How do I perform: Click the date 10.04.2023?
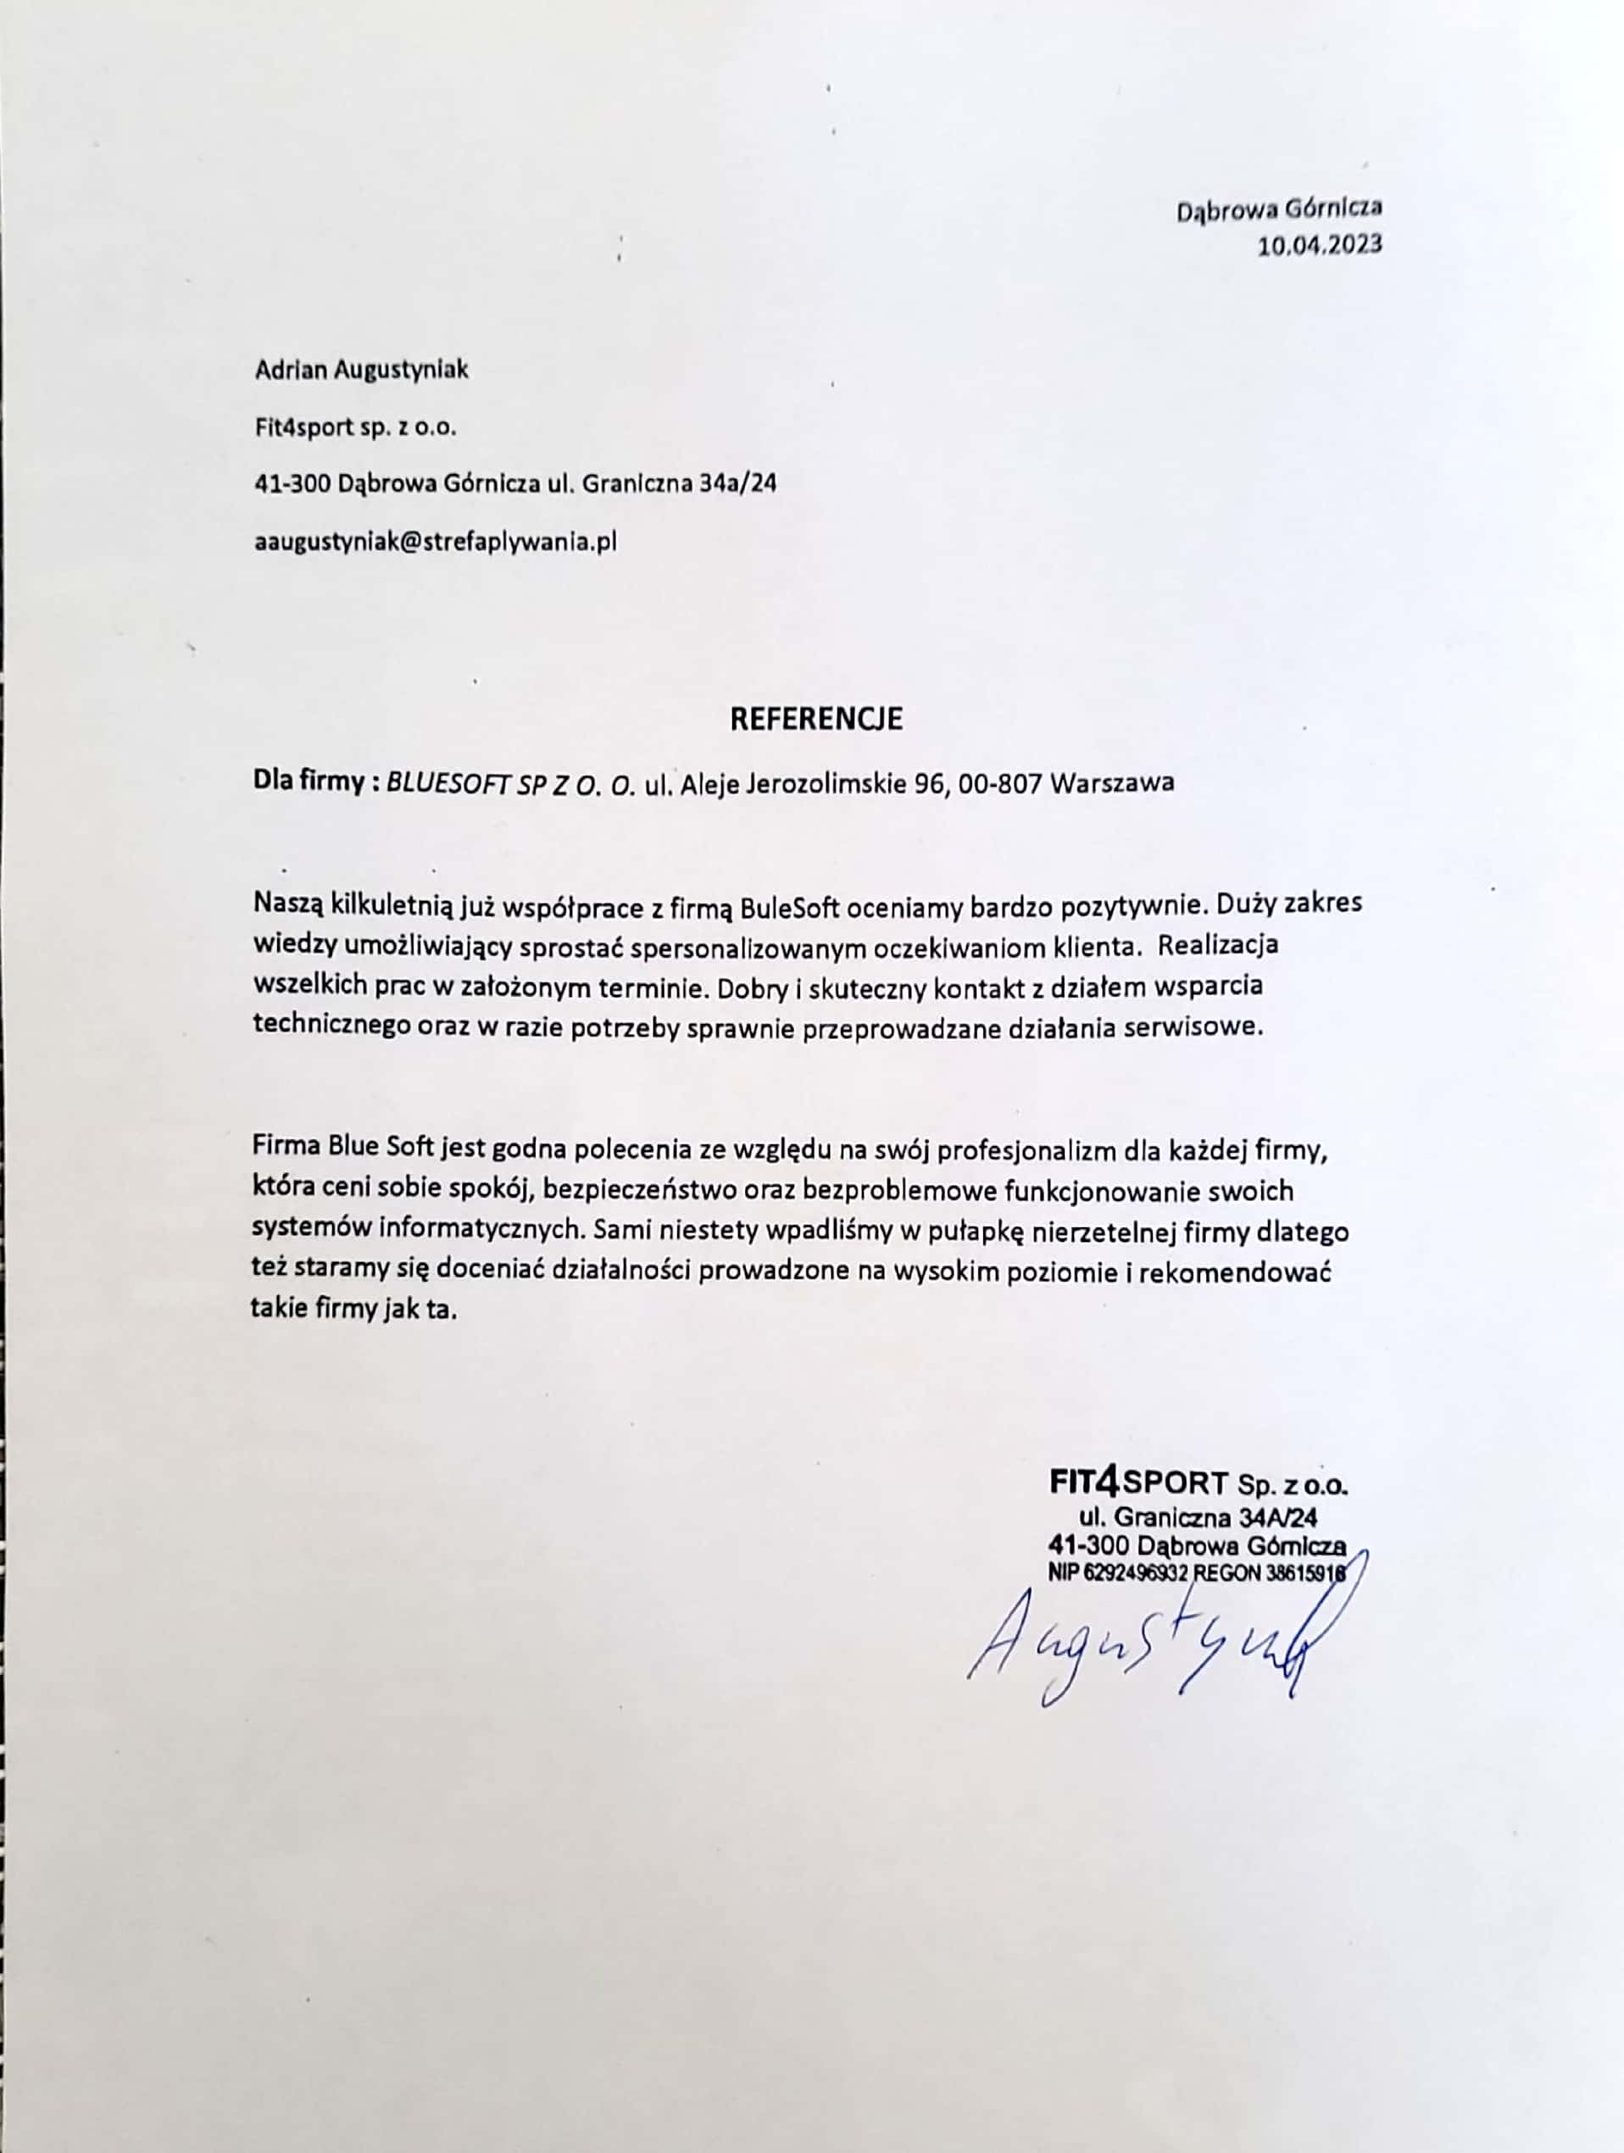pos(1320,245)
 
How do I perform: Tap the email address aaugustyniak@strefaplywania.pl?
pos(435,542)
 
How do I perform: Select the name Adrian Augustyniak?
pos(361,370)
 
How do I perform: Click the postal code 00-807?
pos(1000,782)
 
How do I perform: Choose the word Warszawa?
pos(1112,782)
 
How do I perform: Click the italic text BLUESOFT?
pos(448,783)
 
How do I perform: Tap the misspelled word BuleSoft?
pos(790,905)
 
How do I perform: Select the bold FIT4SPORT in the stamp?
pos(1139,1483)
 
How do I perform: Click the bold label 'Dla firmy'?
pos(308,782)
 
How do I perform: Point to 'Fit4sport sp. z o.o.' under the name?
pos(354,427)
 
